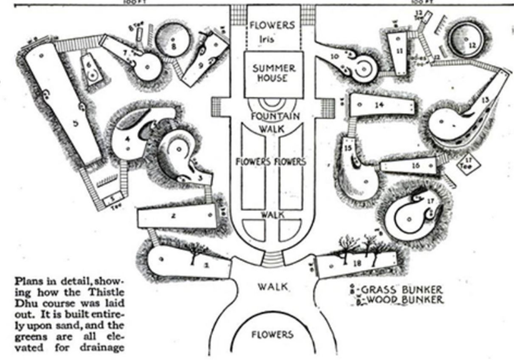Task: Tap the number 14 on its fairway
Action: [380, 105]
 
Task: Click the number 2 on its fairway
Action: [173, 216]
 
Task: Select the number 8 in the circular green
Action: [173, 46]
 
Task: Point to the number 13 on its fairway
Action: [485, 99]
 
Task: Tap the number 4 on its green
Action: [127, 139]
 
